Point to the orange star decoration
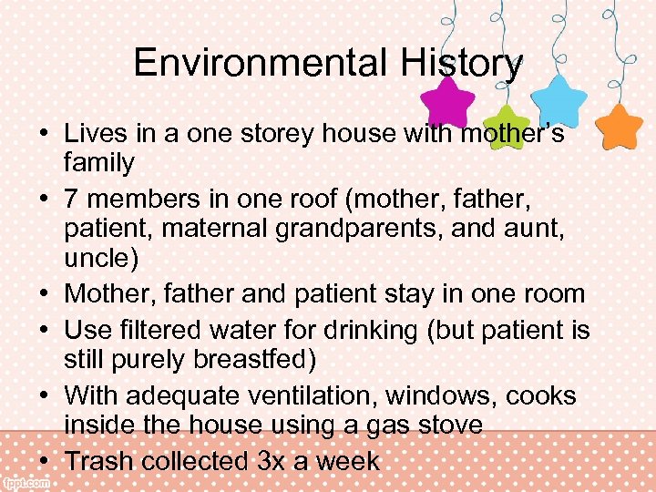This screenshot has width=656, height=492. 622,127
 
